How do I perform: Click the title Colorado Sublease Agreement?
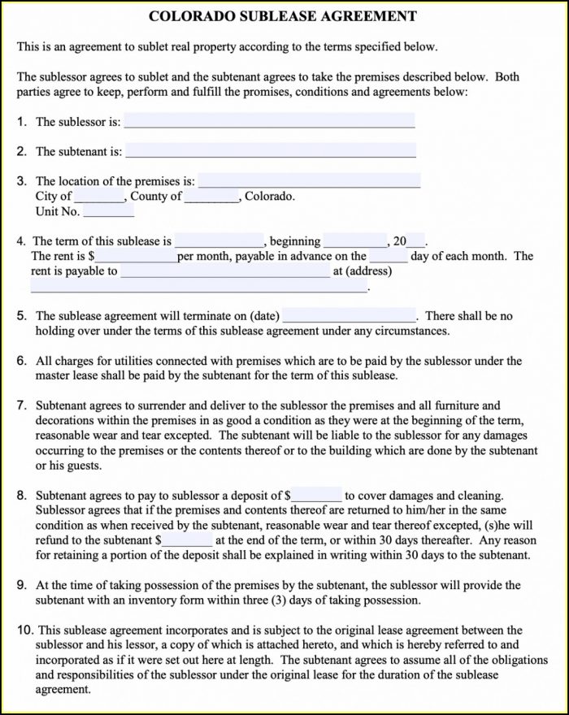click(284, 16)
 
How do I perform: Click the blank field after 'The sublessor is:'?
click(269, 121)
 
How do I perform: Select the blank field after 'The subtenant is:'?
click(271, 150)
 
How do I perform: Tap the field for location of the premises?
click(310, 180)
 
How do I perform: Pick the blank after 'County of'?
click(211, 197)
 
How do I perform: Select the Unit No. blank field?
click(109, 211)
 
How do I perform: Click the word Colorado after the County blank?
click(269, 197)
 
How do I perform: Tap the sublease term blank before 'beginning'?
click(219, 241)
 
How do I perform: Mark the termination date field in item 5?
click(349, 315)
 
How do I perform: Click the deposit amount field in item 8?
click(317, 495)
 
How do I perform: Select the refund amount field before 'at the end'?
click(189, 539)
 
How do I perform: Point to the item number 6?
click(21, 361)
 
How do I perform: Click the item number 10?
click(24, 630)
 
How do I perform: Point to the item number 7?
click(21, 405)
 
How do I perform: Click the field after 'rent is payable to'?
click(225, 271)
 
